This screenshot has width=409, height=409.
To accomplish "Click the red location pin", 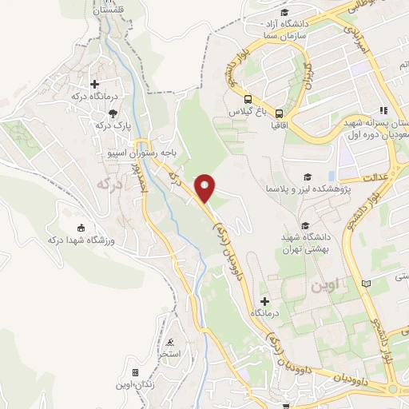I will coord(205,187).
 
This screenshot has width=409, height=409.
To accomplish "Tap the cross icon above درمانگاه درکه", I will coord(95,83).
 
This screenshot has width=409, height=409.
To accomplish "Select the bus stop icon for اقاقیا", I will coord(280,111).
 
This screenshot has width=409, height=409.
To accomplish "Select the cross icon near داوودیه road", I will coord(265,301).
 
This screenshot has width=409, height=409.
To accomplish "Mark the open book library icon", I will coord(367,284).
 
